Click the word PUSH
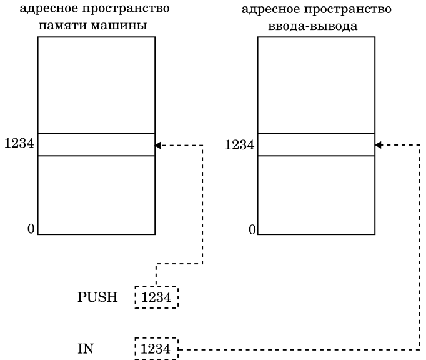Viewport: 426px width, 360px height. (x=97, y=297)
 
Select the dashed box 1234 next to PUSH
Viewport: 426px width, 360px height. (x=156, y=297)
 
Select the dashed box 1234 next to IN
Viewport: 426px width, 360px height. (x=156, y=348)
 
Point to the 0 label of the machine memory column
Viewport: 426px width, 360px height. (x=31, y=229)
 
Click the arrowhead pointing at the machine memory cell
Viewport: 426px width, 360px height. (x=158, y=145)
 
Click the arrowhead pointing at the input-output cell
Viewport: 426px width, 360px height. (x=379, y=145)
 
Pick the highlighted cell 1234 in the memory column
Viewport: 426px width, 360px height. (x=96, y=144)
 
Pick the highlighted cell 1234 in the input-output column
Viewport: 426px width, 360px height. (x=316, y=144)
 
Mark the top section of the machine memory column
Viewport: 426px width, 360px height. (x=96, y=85)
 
